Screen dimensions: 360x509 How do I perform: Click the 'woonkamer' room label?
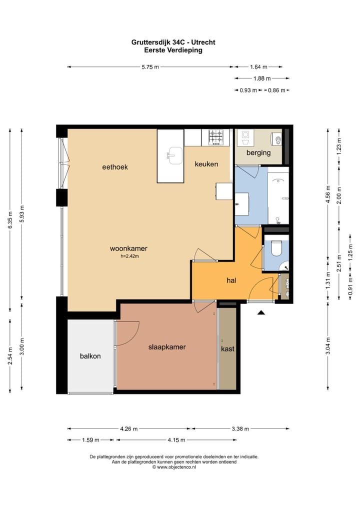click(128, 248)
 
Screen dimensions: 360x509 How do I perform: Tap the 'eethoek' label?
click(115, 167)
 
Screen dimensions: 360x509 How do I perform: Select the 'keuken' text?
click(206, 164)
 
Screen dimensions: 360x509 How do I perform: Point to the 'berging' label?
click(258, 152)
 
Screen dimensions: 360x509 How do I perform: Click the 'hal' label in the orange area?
click(231, 280)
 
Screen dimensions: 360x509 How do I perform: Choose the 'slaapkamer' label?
click(167, 346)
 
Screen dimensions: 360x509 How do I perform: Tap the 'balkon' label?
click(90, 356)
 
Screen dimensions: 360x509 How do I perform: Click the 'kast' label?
click(227, 348)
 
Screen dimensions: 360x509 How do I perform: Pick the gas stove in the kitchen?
click(216, 137)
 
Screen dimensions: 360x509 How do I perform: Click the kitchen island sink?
click(175, 155)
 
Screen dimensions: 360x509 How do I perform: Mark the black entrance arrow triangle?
click(261, 312)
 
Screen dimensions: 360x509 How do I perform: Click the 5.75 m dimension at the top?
click(150, 67)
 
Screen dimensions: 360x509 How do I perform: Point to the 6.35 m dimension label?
click(10, 220)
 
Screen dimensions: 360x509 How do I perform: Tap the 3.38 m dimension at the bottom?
click(240, 429)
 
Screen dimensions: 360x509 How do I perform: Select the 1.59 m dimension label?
click(90, 440)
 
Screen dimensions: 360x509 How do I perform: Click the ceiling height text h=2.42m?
click(130, 256)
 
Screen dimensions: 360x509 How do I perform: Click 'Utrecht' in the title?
click(203, 42)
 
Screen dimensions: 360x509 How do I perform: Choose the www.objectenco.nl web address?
click(176, 467)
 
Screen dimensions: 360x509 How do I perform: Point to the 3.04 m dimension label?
click(328, 346)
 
